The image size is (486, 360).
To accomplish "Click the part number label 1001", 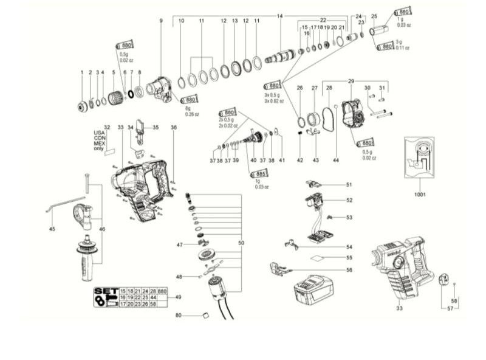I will point(419,195).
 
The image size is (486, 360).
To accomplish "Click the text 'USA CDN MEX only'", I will point(98,139).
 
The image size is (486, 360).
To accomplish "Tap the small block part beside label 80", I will point(205,315).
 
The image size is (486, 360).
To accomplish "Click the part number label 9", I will point(161,21).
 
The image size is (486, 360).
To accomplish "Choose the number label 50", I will point(241,243).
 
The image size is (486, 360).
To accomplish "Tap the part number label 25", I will point(374,16).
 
